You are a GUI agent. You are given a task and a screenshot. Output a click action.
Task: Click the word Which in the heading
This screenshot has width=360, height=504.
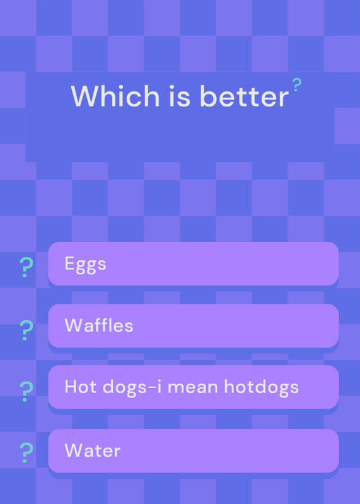click(x=115, y=96)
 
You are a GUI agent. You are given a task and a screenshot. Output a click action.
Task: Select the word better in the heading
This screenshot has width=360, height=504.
click(x=244, y=96)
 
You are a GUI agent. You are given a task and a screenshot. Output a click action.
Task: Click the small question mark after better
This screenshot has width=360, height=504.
click(x=296, y=85)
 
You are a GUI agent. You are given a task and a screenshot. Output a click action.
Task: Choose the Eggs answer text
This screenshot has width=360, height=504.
click(x=85, y=265)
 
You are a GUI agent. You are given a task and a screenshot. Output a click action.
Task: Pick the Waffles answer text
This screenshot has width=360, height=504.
click(x=99, y=326)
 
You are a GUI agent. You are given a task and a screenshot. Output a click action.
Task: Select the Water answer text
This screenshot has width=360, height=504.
click(x=93, y=450)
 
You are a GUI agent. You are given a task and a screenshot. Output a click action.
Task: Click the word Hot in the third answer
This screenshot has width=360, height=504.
click(x=81, y=387)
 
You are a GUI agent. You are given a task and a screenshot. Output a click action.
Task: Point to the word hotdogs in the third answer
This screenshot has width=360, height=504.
click(x=261, y=387)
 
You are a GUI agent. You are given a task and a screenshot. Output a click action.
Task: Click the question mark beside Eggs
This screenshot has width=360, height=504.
click(x=26, y=267)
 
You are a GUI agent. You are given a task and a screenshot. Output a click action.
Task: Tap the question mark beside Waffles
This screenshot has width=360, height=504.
click(x=26, y=330)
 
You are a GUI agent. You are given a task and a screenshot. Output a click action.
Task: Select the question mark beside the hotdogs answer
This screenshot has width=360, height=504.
click(x=26, y=391)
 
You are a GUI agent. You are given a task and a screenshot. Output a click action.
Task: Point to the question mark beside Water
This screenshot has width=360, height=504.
click(x=26, y=452)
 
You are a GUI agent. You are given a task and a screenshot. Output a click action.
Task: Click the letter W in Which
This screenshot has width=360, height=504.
click(x=85, y=96)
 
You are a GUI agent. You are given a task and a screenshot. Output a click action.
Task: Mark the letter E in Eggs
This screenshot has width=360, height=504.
click(x=70, y=263)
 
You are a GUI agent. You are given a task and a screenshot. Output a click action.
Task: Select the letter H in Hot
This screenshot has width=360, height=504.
click(x=71, y=387)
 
